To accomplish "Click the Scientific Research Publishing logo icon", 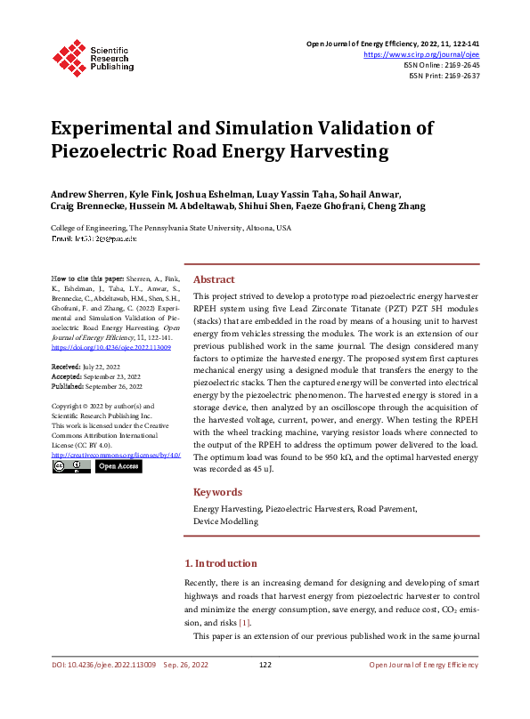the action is [x=69, y=56].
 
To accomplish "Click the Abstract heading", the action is [x=214, y=279].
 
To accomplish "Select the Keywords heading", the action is [x=217, y=492].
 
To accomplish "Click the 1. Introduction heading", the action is [x=220, y=563].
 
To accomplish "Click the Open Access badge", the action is [x=118, y=465].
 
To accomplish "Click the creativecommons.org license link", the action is [x=109, y=455].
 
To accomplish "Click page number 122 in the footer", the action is [x=265, y=665].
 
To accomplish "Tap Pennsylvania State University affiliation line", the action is [x=171, y=228].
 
